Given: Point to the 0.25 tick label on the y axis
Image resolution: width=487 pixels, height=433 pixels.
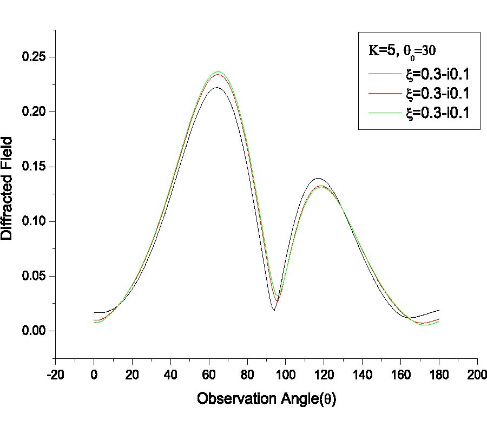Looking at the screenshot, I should pos(34,57).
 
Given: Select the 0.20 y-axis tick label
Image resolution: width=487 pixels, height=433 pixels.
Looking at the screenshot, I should pos(34,112).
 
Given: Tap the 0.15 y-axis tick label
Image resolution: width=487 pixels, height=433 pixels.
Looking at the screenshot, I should pos(34,167).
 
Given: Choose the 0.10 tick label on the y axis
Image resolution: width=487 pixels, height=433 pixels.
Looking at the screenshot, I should pos(34,221).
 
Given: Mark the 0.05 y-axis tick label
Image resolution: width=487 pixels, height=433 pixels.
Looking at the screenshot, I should pos(34,276).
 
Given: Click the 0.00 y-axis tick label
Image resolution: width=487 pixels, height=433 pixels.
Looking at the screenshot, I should pos(34,331).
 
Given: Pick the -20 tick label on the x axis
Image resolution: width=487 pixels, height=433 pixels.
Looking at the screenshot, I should pos(55,374).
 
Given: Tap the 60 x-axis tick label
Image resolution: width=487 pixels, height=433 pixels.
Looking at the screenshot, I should pos(209,374).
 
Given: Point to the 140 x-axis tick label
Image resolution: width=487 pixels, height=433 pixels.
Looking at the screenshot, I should pos(362,374).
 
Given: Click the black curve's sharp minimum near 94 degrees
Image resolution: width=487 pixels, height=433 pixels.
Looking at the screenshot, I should pos(274,310).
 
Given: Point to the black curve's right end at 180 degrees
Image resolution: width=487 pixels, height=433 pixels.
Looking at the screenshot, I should pos(439,310).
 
